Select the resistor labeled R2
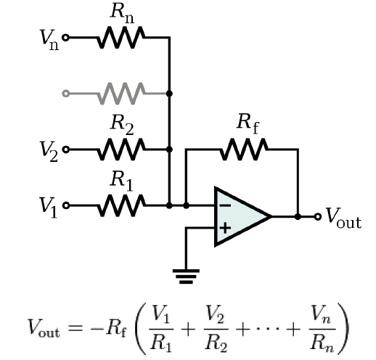point(120,150)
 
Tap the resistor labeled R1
point(120,205)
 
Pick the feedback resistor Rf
point(245,150)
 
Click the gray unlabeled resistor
point(120,93)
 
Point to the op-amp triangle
point(240,216)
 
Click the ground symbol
point(186,274)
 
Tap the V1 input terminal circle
point(67,205)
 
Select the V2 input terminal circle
point(67,150)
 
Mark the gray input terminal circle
point(67,93)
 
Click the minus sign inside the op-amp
point(225,205)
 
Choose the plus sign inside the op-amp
point(225,227)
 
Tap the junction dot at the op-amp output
point(298,216)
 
